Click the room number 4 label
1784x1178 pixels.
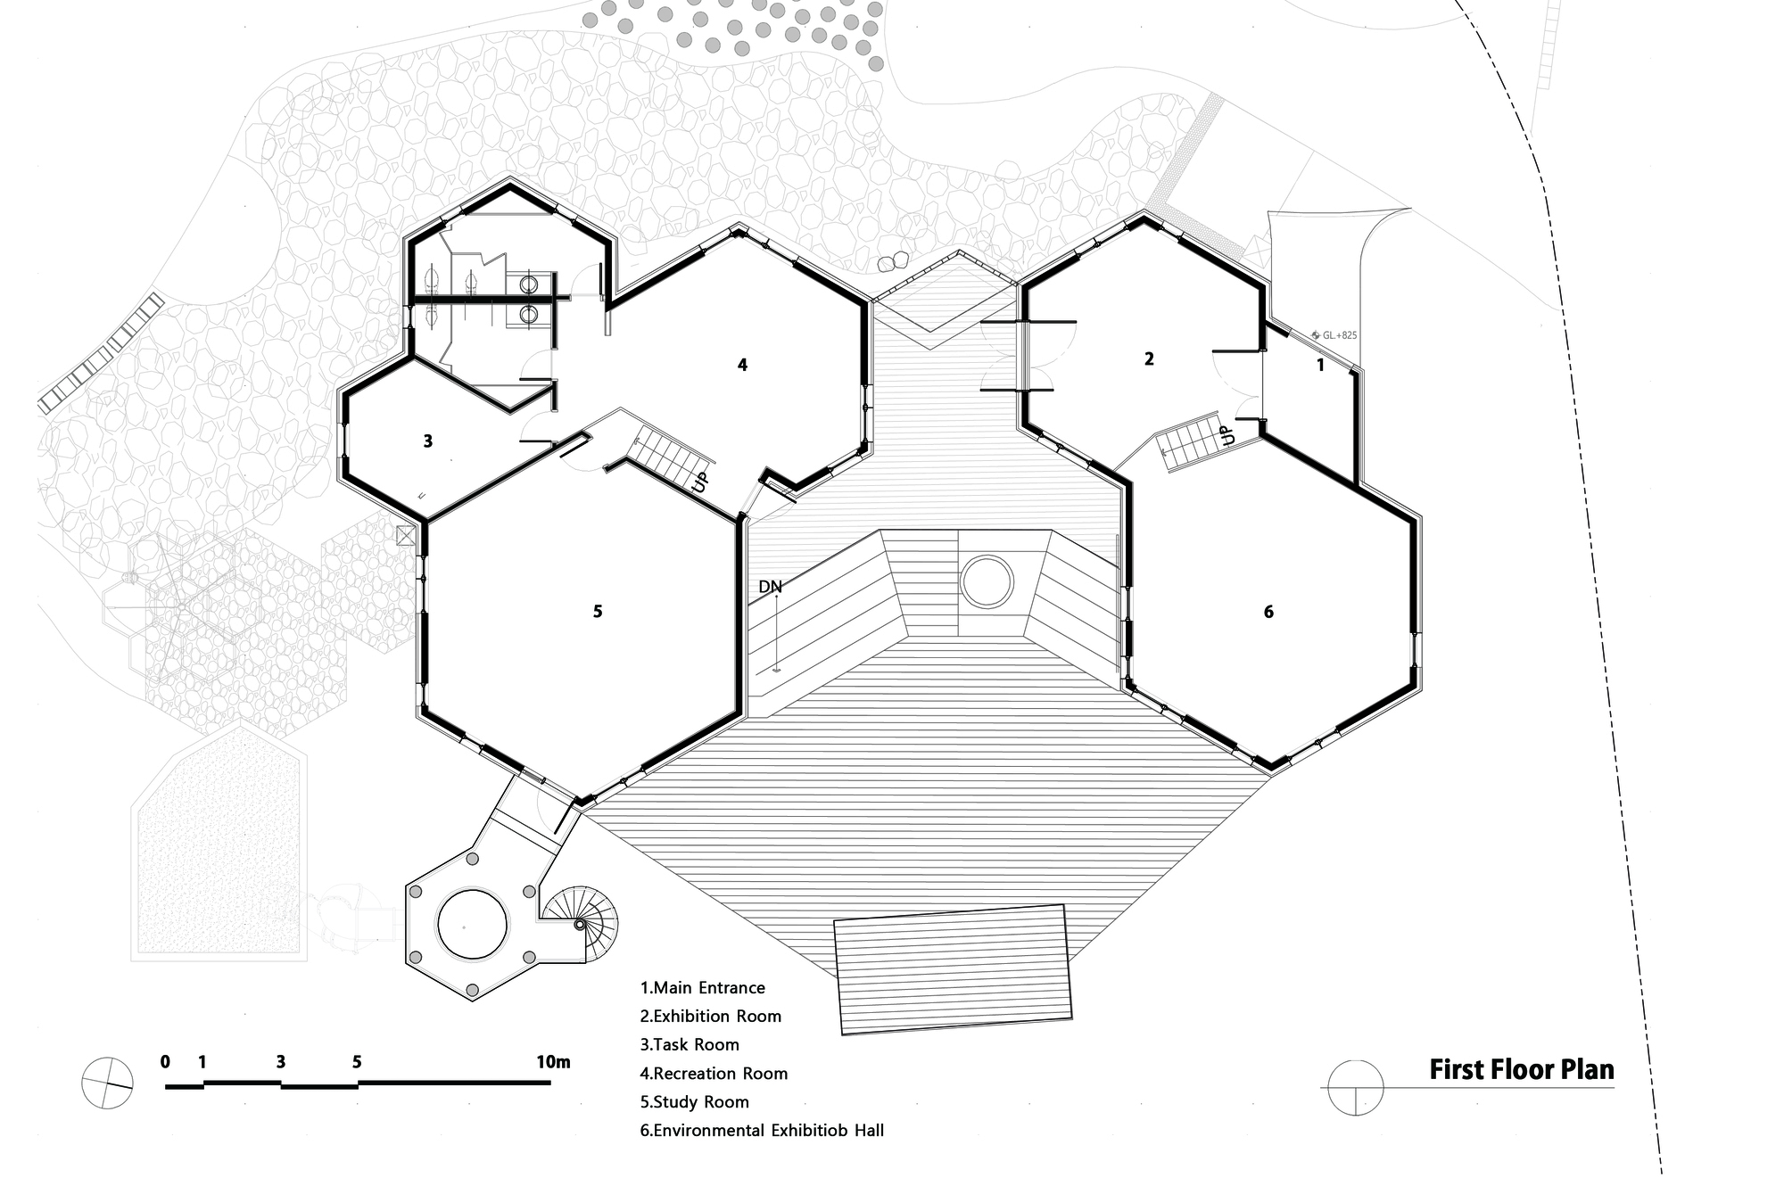pos(742,365)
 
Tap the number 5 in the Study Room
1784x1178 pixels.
pos(598,611)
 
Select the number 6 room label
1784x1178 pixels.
pos(1268,611)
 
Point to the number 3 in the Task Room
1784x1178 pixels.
pos(428,441)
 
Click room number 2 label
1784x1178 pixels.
pos(1149,358)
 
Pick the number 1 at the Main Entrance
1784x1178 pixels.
pos(1321,364)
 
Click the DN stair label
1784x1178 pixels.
pos(770,587)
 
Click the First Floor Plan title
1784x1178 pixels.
pos(1522,1069)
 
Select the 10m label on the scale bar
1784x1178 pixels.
pos(553,1061)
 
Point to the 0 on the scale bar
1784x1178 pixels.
pos(165,1061)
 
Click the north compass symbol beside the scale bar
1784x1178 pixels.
pos(107,1083)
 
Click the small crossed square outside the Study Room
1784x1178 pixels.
pos(406,535)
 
